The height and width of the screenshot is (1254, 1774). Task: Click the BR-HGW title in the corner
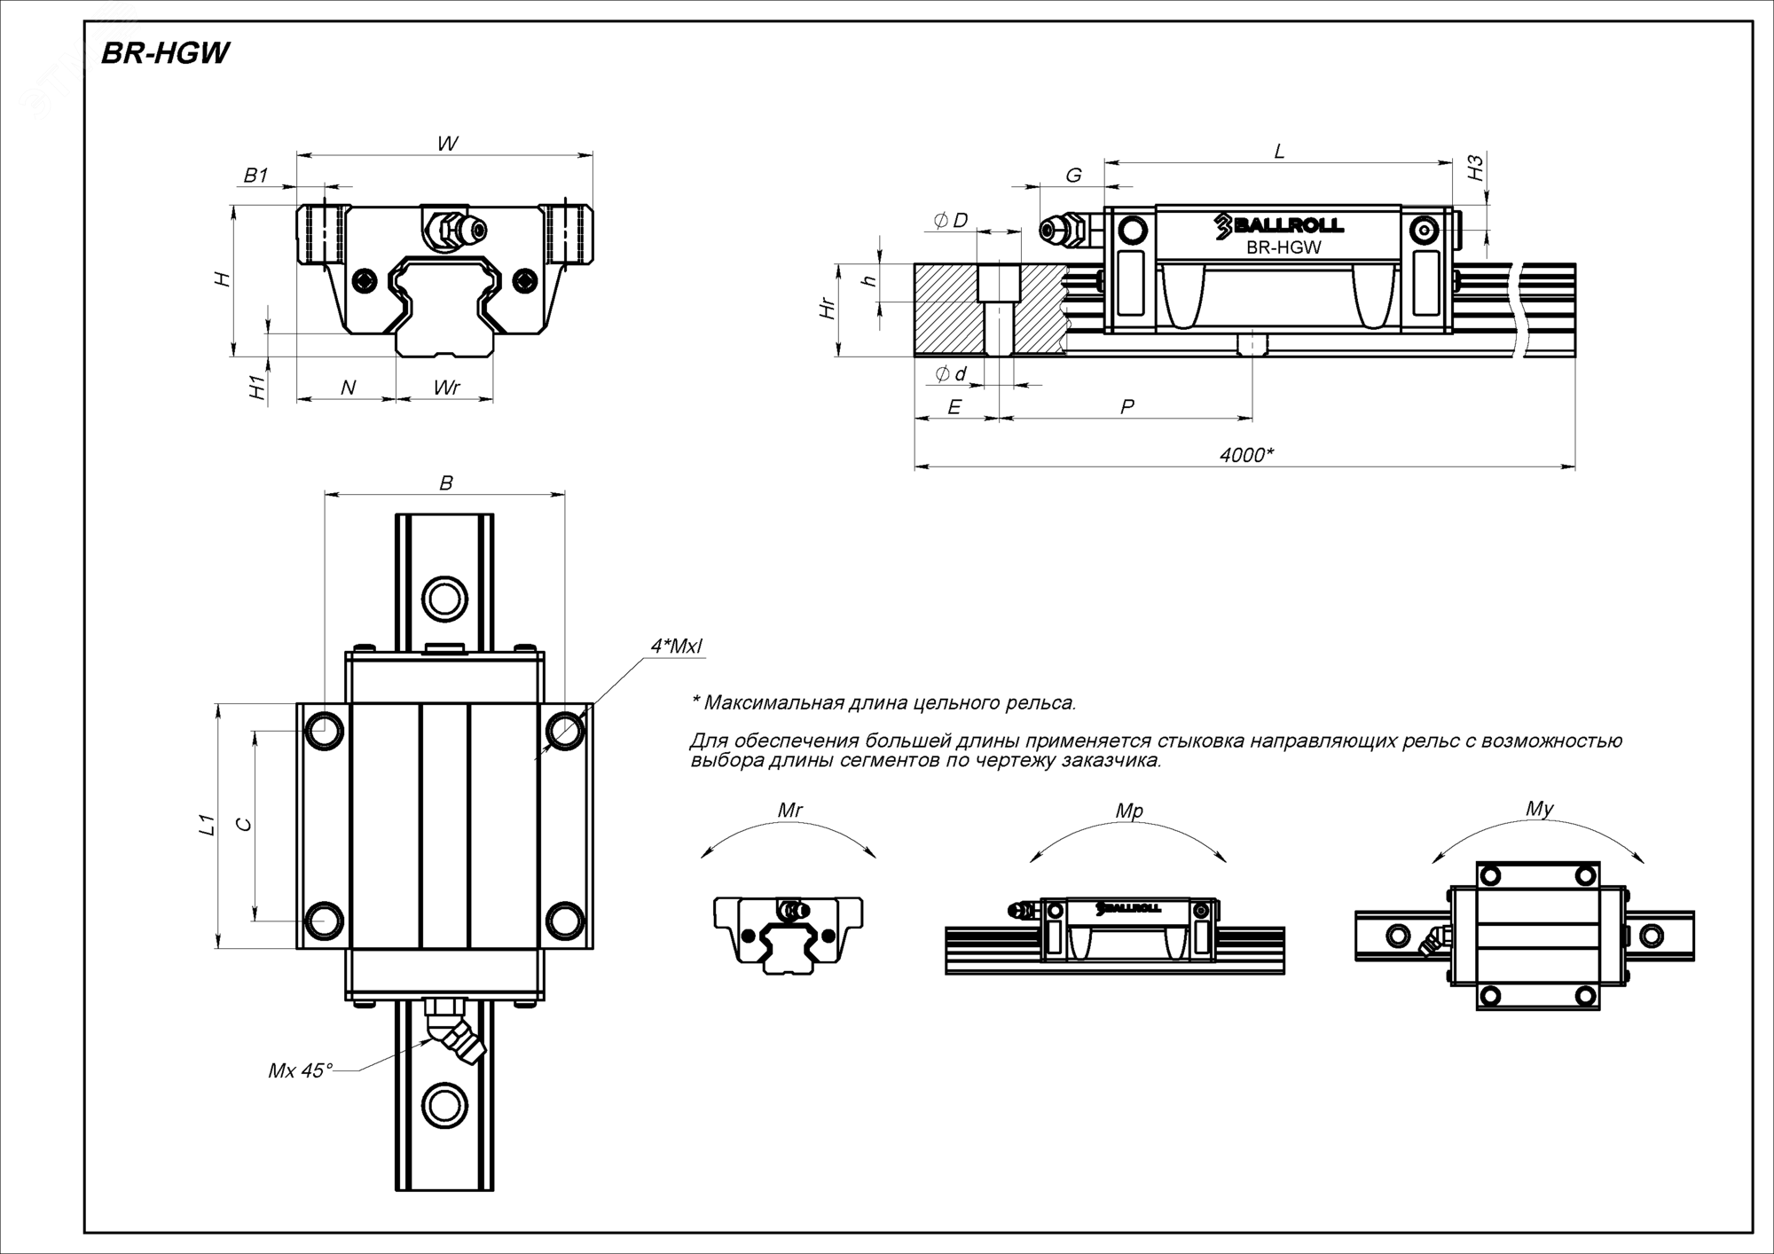(x=165, y=54)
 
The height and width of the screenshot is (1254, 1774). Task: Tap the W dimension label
(x=447, y=144)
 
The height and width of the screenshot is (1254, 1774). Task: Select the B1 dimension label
(x=255, y=176)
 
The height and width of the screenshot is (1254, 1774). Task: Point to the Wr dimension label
(x=447, y=388)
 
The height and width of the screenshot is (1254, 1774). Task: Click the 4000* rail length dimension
(x=1246, y=456)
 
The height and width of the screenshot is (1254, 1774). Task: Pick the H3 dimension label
(x=1475, y=169)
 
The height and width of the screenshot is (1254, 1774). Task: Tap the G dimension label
(x=1073, y=176)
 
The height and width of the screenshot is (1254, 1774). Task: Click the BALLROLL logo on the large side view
(x=1279, y=226)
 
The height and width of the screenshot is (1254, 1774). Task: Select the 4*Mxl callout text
(x=676, y=647)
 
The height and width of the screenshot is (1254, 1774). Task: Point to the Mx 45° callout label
(x=300, y=1071)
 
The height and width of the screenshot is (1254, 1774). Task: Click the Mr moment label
(x=789, y=811)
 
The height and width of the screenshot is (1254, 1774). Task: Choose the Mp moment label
(x=1129, y=811)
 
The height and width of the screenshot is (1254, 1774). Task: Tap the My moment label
(x=1540, y=809)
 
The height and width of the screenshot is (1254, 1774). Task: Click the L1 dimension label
(x=207, y=825)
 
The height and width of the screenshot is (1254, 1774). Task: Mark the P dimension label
(x=1126, y=407)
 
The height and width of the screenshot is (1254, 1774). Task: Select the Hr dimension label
(x=828, y=309)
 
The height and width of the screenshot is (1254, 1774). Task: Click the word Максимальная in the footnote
(x=772, y=703)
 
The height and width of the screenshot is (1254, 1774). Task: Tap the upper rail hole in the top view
(x=444, y=600)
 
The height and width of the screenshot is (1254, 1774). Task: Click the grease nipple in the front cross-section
(x=454, y=229)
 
